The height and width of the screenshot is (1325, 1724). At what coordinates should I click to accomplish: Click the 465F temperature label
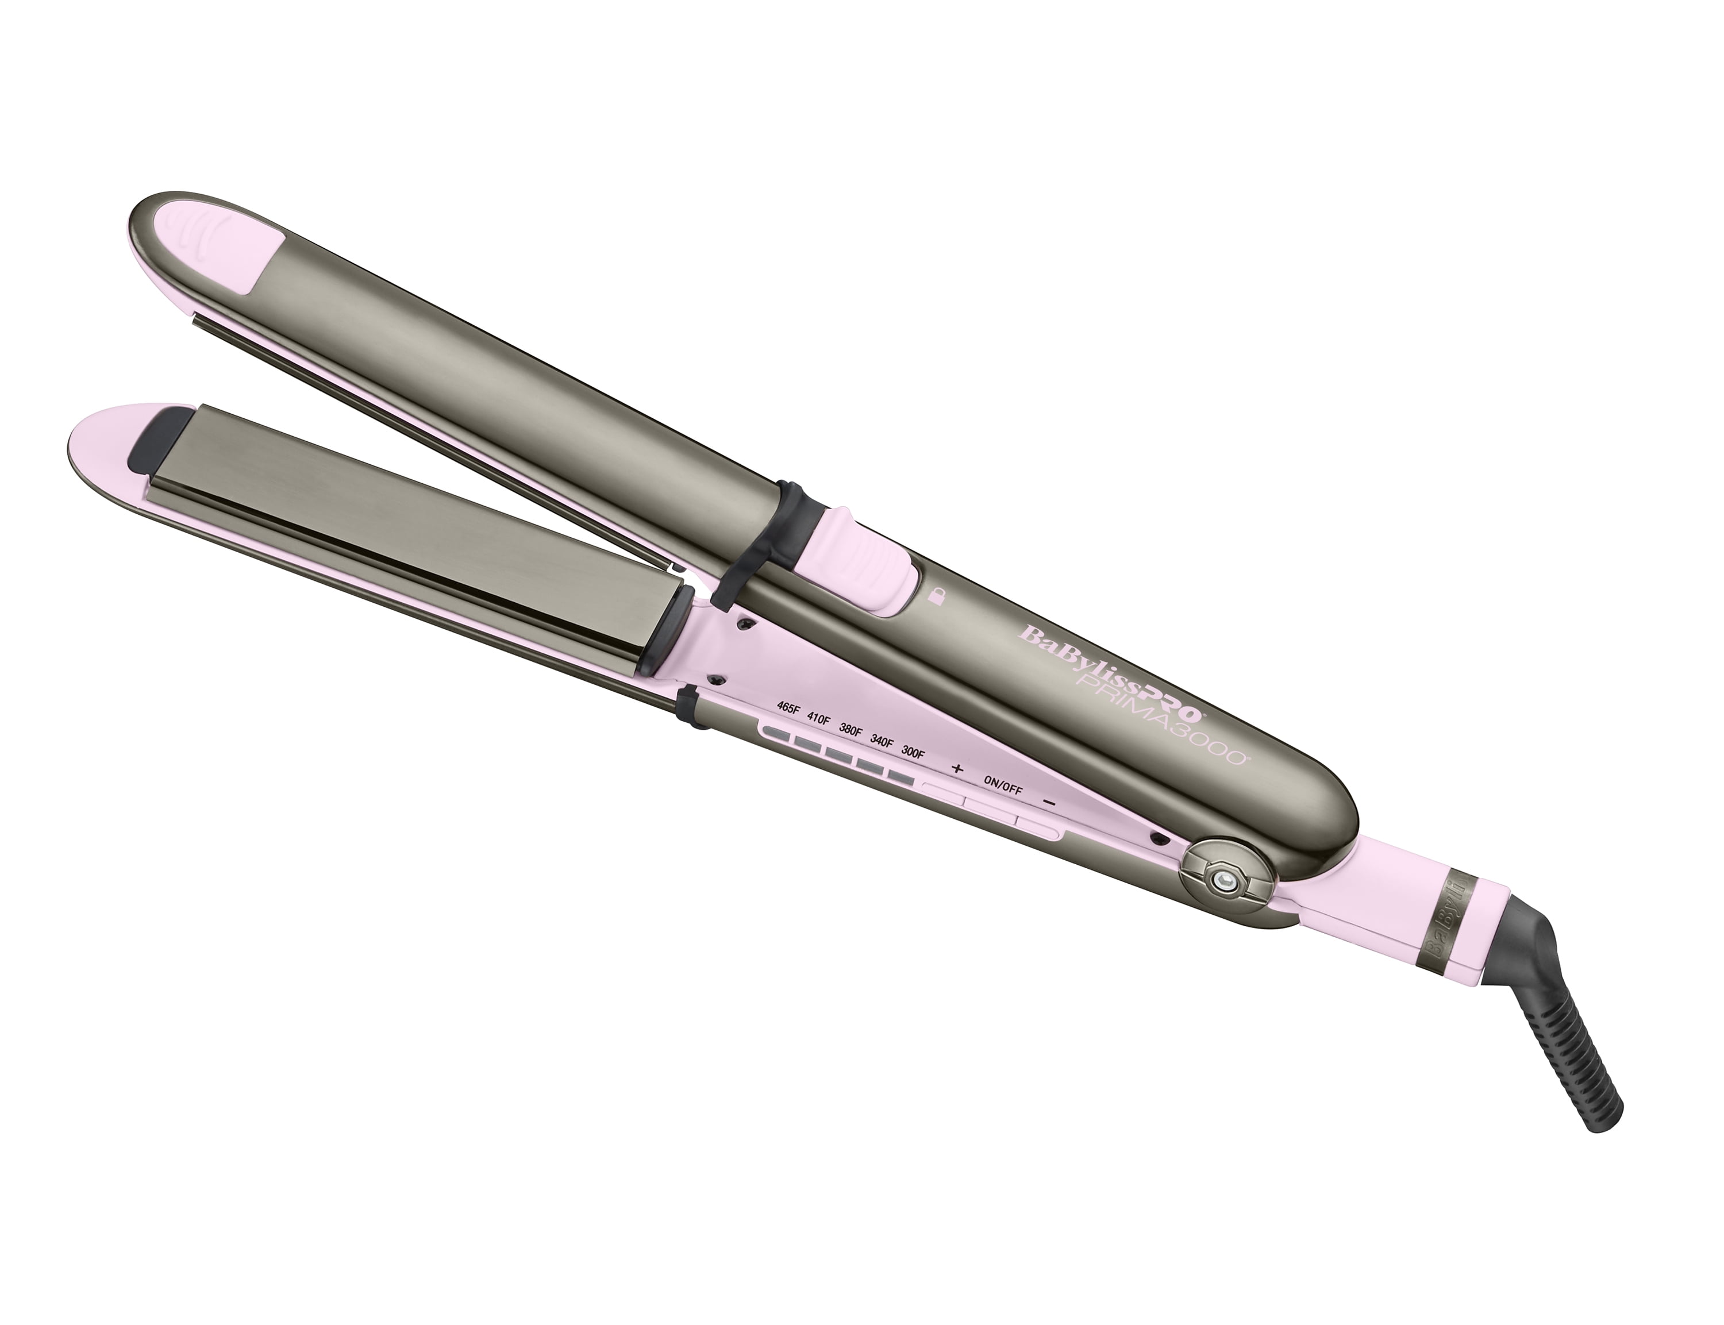[x=788, y=707]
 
